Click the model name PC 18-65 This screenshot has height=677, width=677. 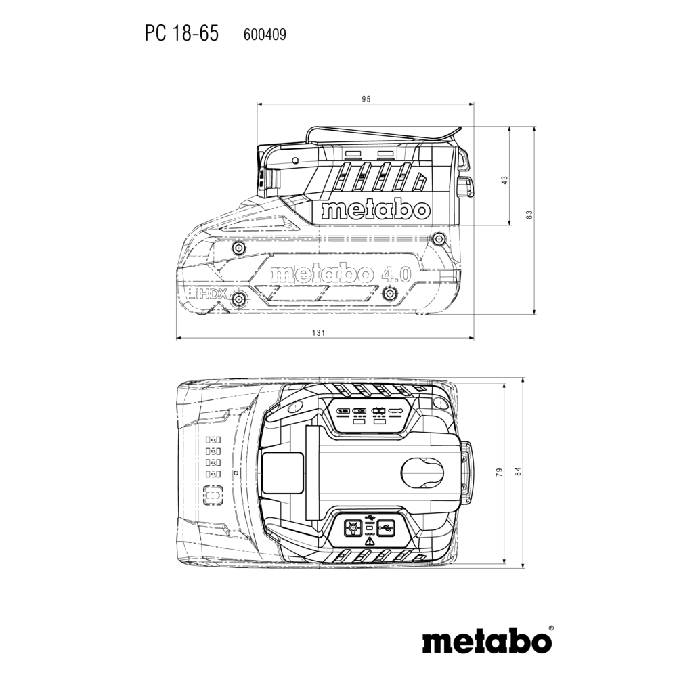click(181, 34)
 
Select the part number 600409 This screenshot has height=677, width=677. click(265, 35)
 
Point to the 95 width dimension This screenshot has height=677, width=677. click(366, 100)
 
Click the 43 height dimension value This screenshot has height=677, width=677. click(505, 179)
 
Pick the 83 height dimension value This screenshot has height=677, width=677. click(530, 215)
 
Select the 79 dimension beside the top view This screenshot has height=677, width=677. click(500, 472)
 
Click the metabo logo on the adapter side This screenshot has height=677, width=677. click(376, 211)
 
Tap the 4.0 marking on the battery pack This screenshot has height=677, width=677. click(397, 274)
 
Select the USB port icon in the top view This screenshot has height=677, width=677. click(386, 527)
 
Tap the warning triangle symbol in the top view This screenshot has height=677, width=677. click(369, 541)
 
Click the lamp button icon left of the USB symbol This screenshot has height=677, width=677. click(353, 527)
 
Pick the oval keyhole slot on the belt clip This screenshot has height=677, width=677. click(422, 472)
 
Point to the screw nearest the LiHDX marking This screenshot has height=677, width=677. click(238, 299)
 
